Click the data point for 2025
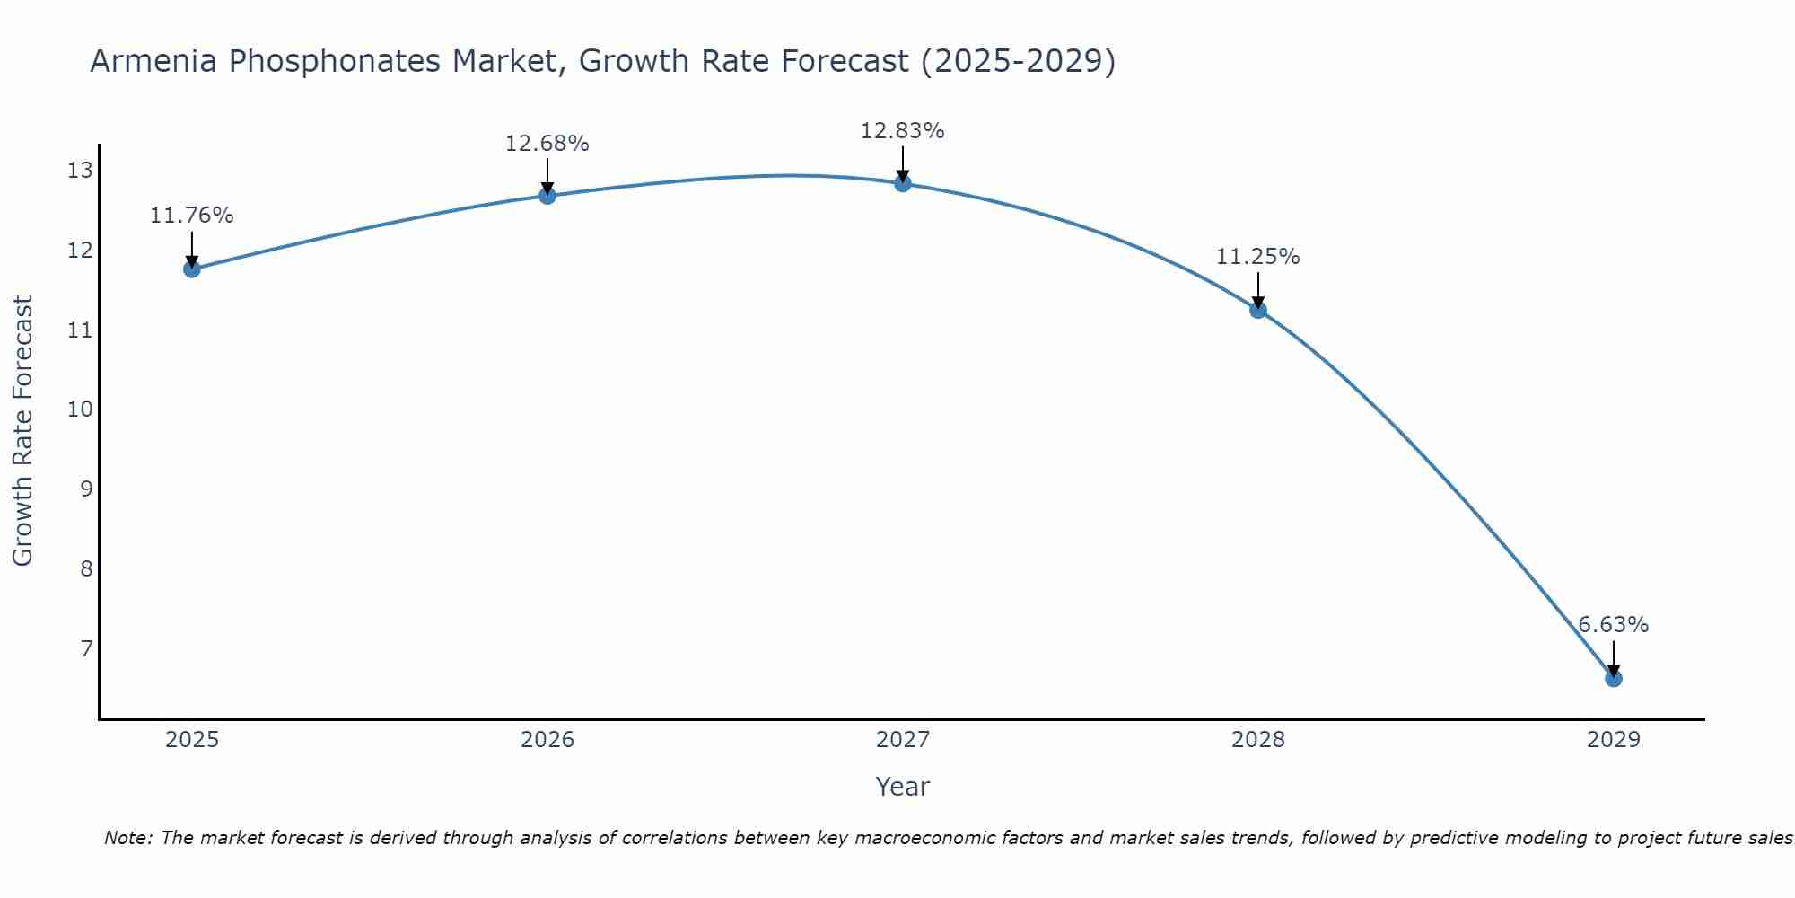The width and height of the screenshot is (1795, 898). coord(191,269)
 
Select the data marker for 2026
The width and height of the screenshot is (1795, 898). coord(547,195)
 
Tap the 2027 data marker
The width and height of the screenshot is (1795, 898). coord(903,183)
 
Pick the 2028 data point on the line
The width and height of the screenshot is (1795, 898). coord(1258,310)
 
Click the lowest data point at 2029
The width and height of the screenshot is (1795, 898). coord(1614,678)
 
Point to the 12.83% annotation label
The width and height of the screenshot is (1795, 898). coord(902,131)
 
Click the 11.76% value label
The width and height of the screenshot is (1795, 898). coord(191,216)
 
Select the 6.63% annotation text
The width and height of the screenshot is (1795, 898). coord(1613,625)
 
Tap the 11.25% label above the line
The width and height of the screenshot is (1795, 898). coord(1257,257)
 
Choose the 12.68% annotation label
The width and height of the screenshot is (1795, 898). coord(547,144)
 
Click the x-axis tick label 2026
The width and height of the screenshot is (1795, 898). coord(547,740)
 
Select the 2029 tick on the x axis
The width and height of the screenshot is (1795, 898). coord(1614,740)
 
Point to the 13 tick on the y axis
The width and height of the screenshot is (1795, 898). coord(80,171)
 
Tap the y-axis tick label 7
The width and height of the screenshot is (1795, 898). coord(86,648)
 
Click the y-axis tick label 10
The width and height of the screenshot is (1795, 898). coord(80,409)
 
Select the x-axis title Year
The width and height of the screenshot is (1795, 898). coord(902,787)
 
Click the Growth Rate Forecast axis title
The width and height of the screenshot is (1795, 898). coord(22,431)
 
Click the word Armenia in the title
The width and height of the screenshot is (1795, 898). coord(153,62)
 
